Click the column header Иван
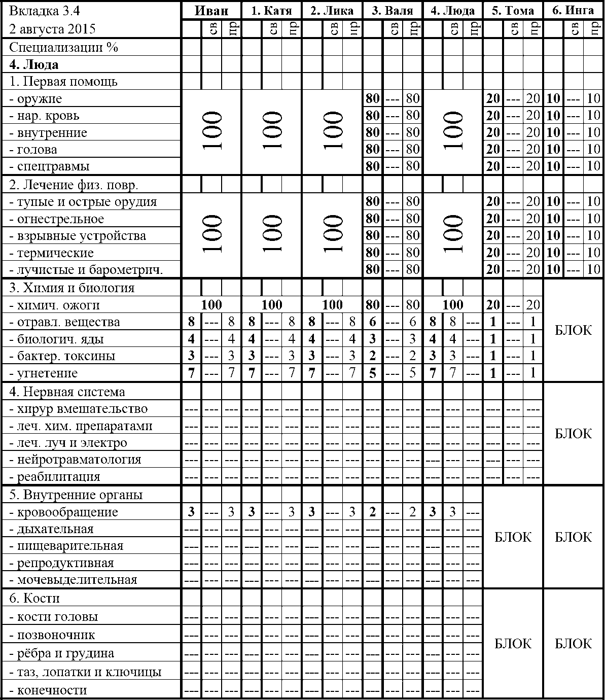pyautogui.click(x=211, y=11)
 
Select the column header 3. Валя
pyautogui.click(x=393, y=11)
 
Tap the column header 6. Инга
pyautogui.click(x=573, y=11)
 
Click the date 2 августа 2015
pyautogui.click(x=53, y=28)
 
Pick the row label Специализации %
pyautogui.click(x=63, y=48)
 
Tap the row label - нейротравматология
pyautogui.click(x=79, y=460)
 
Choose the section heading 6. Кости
pyautogui.click(x=34, y=599)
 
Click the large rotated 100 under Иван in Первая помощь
pyautogui.click(x=211, y=132)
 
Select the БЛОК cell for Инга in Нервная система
pyautogui.click(x=573, y=434)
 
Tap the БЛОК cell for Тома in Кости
pyautogui.click(x=513, y=644)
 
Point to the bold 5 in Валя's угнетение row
pyautogui.click(x=373, y=373)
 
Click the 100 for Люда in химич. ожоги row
pyautogui.click(x=452, y=305)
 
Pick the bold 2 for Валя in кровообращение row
pyautogui.click(x=373, y=512)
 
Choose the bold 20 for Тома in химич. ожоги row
pyautogui.click(x=493, y=305)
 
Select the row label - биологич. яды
pyautogui.click(x=60, y=339)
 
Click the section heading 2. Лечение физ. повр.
pyautogui.click(x=74, y=185)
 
